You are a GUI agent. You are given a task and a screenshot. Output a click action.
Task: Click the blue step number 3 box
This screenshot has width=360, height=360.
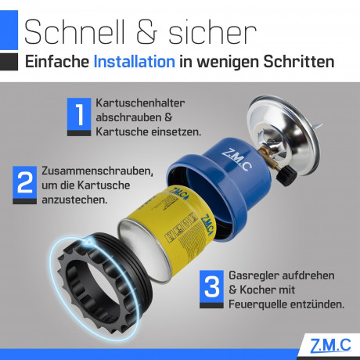tap(211, 286)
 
